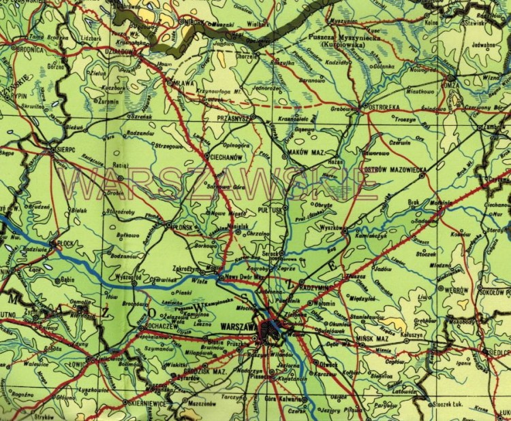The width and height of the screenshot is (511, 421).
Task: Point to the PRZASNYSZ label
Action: pos(232,117)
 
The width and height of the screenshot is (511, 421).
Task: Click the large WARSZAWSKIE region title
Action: pos(218,183)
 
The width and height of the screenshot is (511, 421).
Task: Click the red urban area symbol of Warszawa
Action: pos(274,331)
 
